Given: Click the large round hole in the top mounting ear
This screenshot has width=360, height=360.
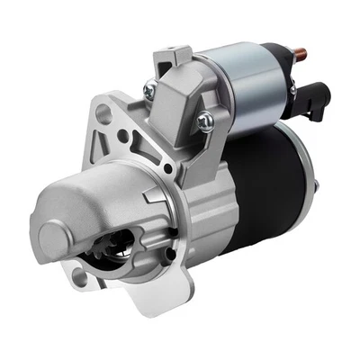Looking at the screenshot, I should pyautogui.click(x=105, y=114).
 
